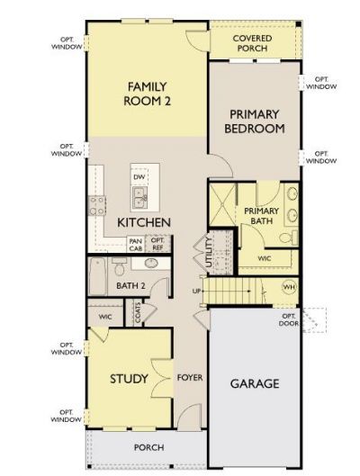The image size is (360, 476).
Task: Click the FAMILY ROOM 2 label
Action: [x=148, y=94]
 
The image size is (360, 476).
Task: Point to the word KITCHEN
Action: [x=144, y=221]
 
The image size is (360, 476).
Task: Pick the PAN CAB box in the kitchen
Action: [x=136, y=244]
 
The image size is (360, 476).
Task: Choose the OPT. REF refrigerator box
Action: [x=157, y=244]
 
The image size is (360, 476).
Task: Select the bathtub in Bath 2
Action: [x=97, y=274]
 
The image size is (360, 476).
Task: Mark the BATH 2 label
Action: [x=130, y=286]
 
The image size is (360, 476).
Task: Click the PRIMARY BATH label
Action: [x=262, y=216]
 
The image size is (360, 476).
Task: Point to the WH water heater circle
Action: [x=289, y=287]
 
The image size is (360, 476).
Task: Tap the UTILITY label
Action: [x=208, y=250]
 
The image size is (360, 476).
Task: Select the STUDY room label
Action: [x=129, y=378]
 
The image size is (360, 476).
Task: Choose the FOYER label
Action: [x=190, y=378]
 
